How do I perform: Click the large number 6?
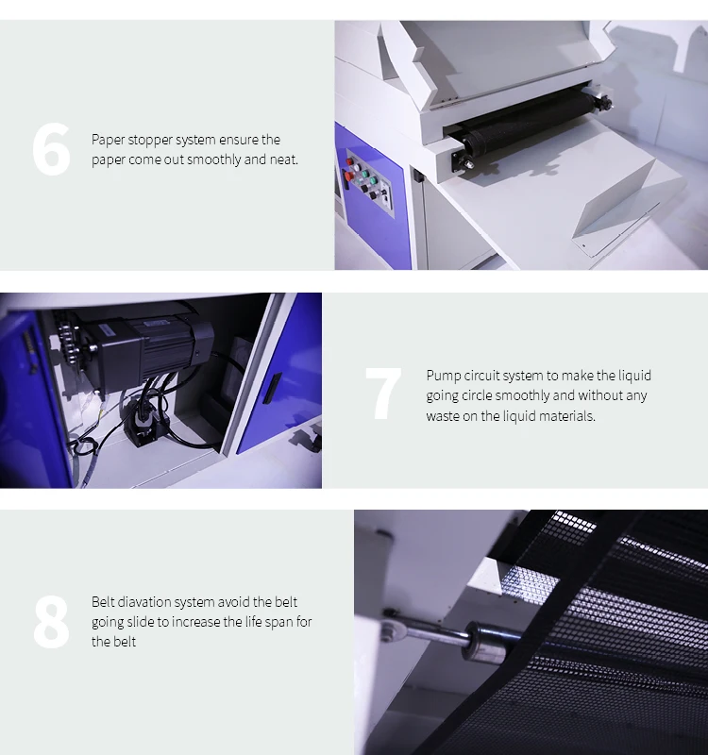51,150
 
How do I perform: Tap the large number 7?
382,394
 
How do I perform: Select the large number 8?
51,622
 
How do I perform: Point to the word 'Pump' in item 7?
443,376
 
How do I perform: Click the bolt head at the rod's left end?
388,614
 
